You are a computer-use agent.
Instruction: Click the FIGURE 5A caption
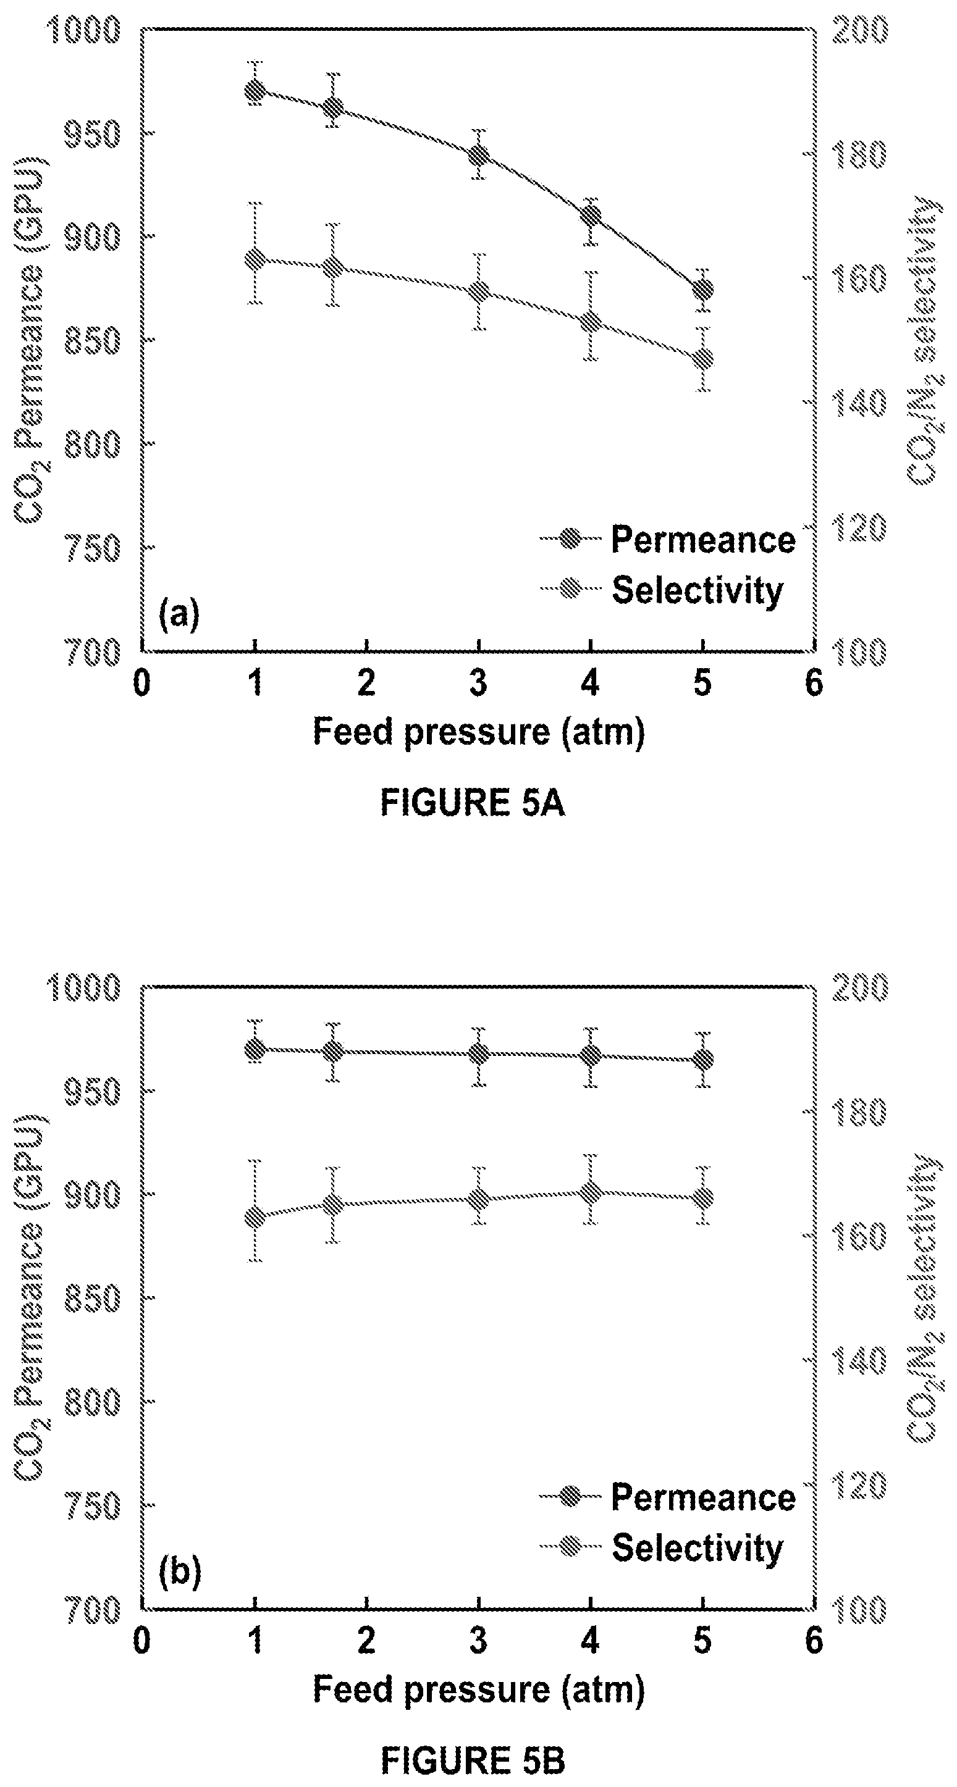coord(472,803)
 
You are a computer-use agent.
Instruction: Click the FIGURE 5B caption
coord(472,1760)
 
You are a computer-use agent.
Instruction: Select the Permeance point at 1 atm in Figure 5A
coord(255,91)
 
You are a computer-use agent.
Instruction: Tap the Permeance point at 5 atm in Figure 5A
coord(703,288)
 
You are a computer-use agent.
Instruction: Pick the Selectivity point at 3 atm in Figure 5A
coord(478,291)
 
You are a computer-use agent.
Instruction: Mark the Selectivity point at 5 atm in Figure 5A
coord(703,359)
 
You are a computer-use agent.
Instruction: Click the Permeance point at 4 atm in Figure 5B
coord(591,1056)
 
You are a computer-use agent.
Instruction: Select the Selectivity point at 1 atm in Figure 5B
coord(255,1218)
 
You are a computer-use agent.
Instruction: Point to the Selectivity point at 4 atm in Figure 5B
coord(591,1192)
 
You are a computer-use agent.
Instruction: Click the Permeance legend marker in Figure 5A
coord(570,539)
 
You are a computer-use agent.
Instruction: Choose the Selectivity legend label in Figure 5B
coord(697,1549)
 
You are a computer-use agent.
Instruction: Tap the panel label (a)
coord(179,614)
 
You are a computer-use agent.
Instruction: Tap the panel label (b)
coord(179,1572)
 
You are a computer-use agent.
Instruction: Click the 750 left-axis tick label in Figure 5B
coord(91,1506)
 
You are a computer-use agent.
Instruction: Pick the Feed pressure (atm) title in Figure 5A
coord(478,732)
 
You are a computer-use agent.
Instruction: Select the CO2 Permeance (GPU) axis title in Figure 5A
coord(29,340)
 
